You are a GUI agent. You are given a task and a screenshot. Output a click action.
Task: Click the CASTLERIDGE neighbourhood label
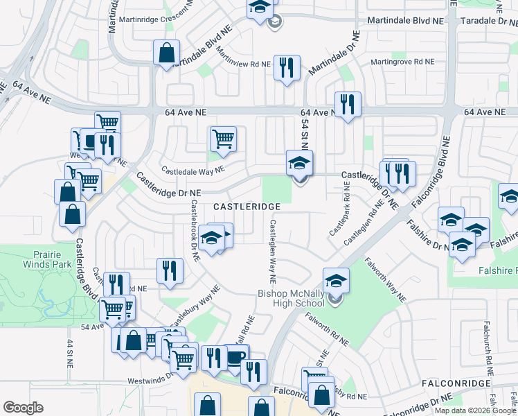247,207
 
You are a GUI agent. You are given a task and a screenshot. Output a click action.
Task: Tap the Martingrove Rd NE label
402,62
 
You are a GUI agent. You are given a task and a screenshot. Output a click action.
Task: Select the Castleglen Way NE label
273,252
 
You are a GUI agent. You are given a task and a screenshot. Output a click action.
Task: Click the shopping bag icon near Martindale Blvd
167,53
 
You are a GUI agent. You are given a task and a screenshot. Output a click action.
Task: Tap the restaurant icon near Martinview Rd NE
286,68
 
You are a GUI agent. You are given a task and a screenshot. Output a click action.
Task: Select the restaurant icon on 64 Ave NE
348,105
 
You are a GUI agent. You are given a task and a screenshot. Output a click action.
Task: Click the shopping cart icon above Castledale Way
223,139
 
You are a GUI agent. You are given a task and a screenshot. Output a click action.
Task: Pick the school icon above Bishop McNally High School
336,281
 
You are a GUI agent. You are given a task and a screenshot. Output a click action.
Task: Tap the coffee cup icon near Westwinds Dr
236,358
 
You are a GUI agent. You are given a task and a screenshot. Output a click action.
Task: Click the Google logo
23,408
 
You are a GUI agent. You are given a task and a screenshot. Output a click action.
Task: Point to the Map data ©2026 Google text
475,410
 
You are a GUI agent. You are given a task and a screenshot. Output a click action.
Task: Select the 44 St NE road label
70,354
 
